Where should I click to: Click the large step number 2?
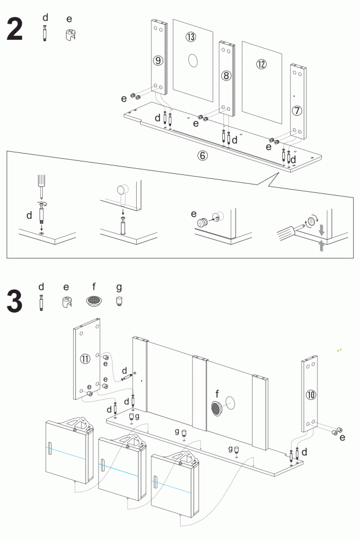(x=15, y=29)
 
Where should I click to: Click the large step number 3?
(x=15, y=302)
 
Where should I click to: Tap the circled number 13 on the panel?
(x=191, y=37)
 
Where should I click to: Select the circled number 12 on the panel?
(x=261, y=64)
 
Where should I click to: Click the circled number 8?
(x=226, y=75)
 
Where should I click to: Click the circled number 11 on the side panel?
(x=85, y=359)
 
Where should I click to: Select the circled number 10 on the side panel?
(x=310, y=394)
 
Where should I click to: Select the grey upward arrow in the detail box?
(x=321, y=246)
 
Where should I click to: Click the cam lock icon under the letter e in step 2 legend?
(x=70, y=34)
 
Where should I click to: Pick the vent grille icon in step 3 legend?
(x=94, y=301)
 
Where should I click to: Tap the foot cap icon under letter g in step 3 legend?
(x=119, y=301)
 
